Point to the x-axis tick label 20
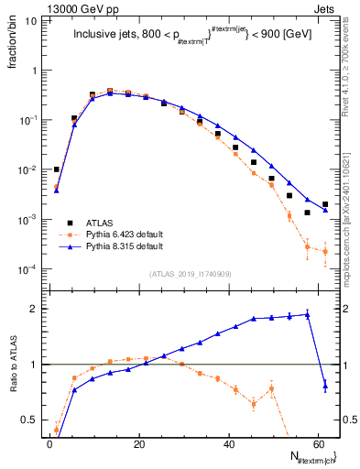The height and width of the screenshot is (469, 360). (138, 443)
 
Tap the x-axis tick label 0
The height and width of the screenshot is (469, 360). (49, 443)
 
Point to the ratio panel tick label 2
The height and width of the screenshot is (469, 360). (34, 309)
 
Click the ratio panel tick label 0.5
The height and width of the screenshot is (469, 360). (29, 420)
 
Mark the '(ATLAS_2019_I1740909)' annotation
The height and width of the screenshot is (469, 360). (191, 274)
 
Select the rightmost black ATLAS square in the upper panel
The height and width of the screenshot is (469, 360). (325, 204)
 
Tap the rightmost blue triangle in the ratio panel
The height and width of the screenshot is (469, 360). (325, 387)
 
